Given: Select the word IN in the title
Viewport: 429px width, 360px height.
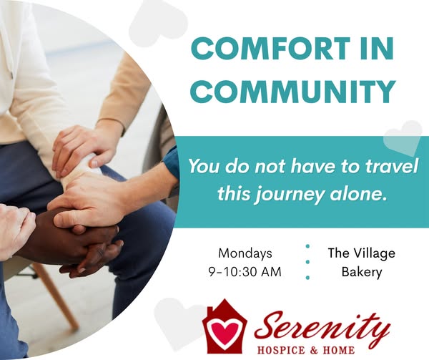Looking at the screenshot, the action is click(x=379, y=49).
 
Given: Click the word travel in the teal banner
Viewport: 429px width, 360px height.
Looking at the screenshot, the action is click(x=392, y=166).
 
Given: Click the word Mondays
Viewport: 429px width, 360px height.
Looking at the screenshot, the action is click(x=245, y=253).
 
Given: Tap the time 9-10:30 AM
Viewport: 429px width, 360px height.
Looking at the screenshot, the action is click(x=245, y=272).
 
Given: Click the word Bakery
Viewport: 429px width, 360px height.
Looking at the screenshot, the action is click(x=362, y=273).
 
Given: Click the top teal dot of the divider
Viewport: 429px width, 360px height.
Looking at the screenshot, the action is click(x=307, y=246).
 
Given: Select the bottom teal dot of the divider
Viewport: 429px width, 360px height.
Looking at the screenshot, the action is click(x=307, y=278).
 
